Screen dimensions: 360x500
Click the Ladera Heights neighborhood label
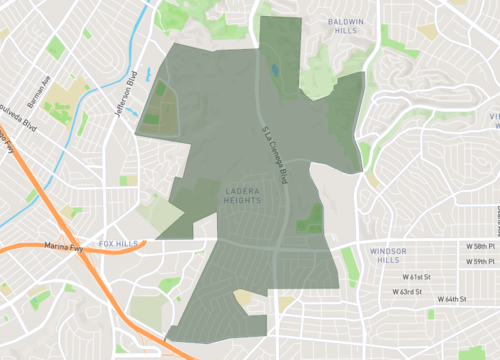(242, 194)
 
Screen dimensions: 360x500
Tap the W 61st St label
(421, 276)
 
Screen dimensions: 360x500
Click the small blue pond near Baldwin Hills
(274, 72)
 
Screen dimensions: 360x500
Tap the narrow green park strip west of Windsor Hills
(349, 262)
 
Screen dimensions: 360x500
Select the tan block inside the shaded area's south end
(243, 297)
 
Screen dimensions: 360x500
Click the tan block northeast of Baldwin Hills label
(428, 31)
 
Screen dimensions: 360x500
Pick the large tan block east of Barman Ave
(68, 98)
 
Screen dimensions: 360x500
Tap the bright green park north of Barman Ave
(55, 47)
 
